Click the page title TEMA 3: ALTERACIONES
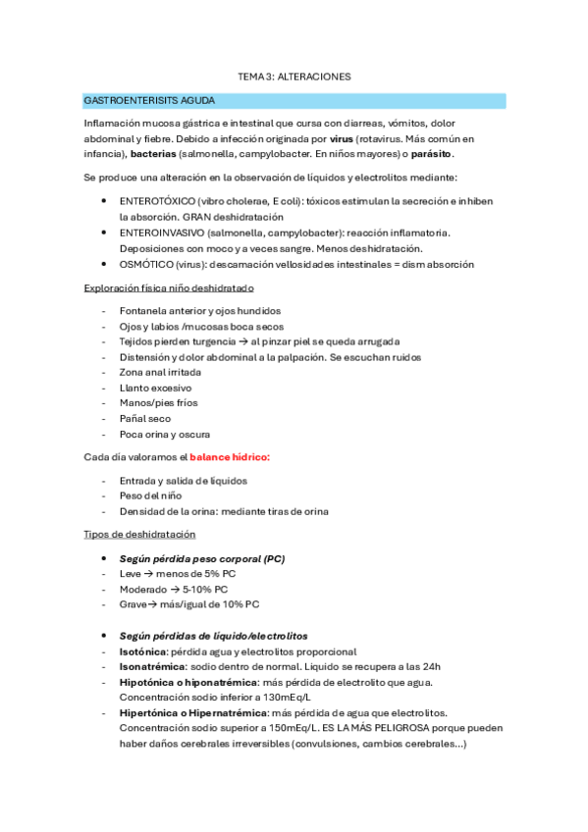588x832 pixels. click(294, 76)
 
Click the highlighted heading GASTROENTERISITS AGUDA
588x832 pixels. click(149, 101)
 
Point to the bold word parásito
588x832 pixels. click(432, 155)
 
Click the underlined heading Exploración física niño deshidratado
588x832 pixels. click(169, 288)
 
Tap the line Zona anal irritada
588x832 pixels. click(161, 373)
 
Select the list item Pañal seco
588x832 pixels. click(146, 419)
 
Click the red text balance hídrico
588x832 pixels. click(230, 457)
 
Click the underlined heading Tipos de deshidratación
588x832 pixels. click(139, 534)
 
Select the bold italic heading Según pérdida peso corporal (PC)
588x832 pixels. click(201, 558)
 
